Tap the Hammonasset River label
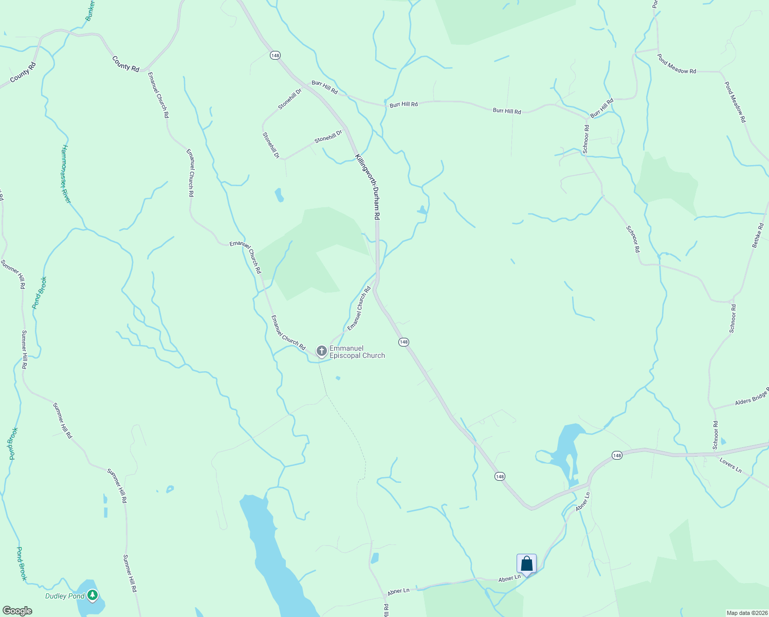click(66, 174)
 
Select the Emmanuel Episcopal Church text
click(357, 352)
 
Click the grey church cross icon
click(322, 351)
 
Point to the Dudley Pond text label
click(65, 596)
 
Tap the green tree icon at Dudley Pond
click(93, 595)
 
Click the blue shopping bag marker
click(526, 564)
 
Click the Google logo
click(17, 611)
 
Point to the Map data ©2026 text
click(746, 613)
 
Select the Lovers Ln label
click(730, 466)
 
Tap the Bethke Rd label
click(758, 235)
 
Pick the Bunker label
click(90, 10)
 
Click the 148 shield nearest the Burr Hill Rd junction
click(276, 55)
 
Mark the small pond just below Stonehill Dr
click(279, 195)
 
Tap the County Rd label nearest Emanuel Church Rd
click(126, 64)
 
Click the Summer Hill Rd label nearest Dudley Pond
click(130, 573)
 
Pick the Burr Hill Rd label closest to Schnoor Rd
click(602, 108)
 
